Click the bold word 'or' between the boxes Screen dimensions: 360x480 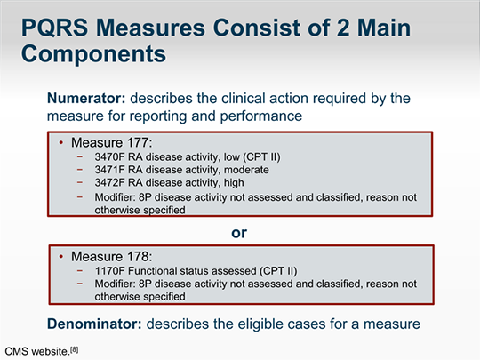pos(239,232)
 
